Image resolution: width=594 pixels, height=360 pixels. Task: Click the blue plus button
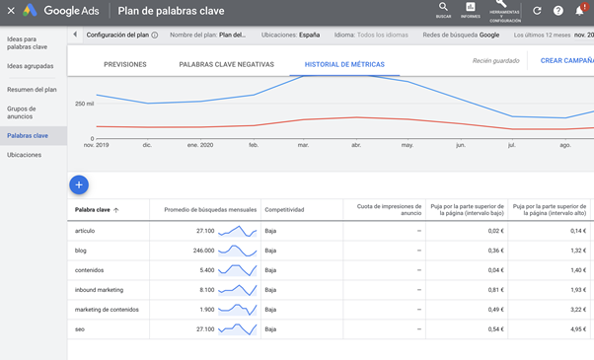80,184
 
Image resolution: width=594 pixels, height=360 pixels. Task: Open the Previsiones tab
124,64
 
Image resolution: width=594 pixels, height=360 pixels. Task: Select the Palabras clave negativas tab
226,64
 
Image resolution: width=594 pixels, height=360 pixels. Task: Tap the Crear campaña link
566,60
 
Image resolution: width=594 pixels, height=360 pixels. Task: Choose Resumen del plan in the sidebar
32,89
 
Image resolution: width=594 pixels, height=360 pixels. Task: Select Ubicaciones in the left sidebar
24,155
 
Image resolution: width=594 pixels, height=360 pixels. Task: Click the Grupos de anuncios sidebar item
21,111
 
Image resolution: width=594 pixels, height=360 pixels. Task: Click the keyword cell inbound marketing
100,290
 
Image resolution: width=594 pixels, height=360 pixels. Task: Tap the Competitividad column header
284,209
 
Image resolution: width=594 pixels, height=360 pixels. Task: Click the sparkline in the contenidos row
238,270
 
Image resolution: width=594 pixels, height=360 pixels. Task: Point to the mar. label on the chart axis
302,145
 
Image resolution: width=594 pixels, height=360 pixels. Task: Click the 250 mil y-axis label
84,103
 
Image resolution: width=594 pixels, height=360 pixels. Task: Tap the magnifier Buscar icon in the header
443,8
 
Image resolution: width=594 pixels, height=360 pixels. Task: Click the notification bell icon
580,10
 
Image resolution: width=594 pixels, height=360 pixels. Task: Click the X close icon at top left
11,10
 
